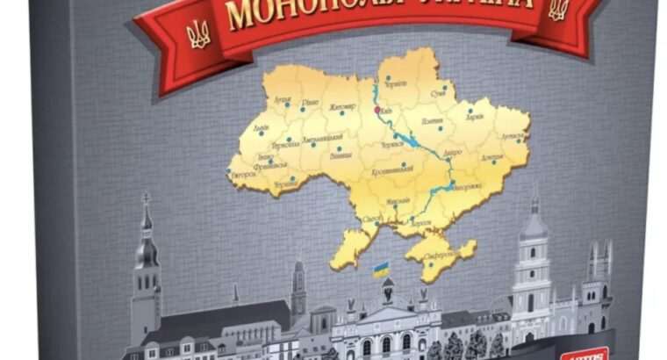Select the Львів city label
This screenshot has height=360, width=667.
[x=261, y=127]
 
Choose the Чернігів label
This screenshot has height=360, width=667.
[x=396, y=83]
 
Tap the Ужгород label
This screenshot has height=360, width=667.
[x=243, y=174]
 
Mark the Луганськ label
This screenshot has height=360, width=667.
[x=513, y=137]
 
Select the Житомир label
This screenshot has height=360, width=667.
[x=341, y=108]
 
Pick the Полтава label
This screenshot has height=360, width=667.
[x=433, y=121]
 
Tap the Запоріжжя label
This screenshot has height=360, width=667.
[x=468, y=188]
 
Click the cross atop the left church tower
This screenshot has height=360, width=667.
[x=147, y=198]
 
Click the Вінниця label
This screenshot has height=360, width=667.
[x=341, y=155]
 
